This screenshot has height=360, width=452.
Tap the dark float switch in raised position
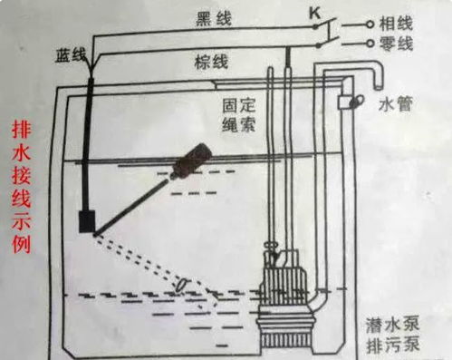tap(191, 161)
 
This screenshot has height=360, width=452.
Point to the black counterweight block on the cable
tap(88, 220)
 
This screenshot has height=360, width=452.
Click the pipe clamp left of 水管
tap(345, 102)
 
